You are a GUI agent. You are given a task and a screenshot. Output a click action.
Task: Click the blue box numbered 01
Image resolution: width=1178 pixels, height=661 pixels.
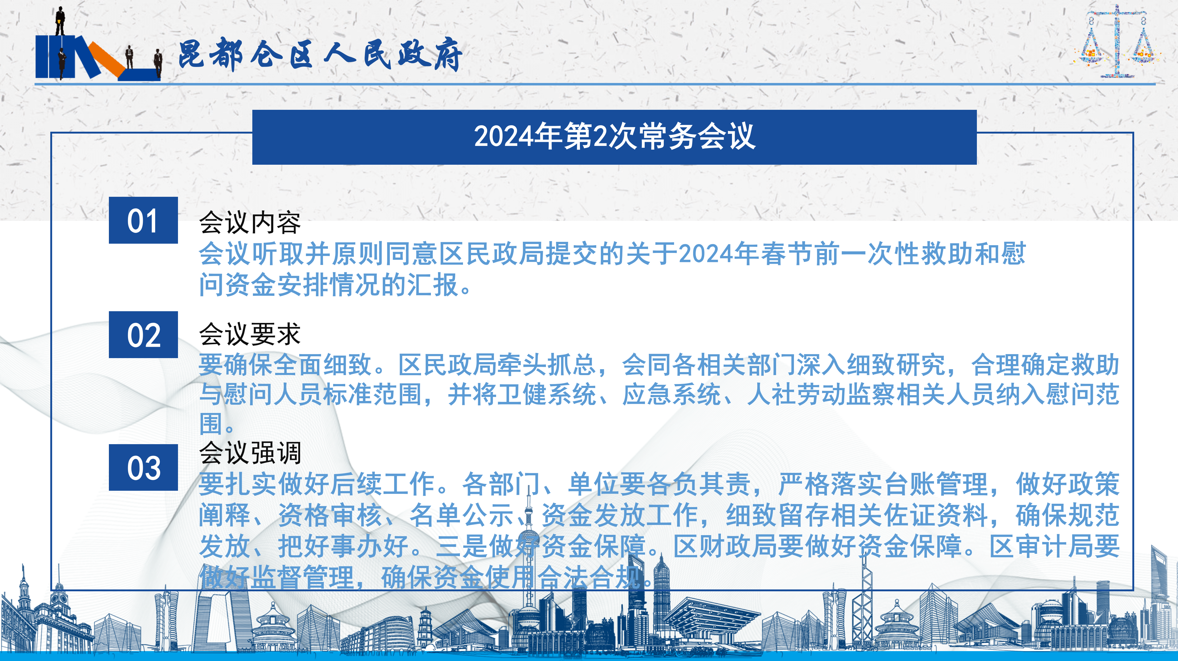pos(143,220)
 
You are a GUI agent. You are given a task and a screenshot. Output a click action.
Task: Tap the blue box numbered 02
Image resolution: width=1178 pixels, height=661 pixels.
pos(143,335)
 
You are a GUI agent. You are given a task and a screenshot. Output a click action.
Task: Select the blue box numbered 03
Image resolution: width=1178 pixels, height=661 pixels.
pos(143,467)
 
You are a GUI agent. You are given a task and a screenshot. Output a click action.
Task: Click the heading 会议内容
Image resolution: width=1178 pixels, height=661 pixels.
pos(250,223)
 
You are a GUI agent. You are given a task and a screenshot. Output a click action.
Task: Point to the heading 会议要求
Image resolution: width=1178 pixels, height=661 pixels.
pos(250,334)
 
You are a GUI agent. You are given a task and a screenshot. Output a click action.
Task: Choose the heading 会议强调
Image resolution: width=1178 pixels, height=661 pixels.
pos(250,452)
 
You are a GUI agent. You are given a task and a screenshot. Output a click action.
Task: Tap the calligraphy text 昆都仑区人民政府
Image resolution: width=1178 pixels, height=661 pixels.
pos(320,54)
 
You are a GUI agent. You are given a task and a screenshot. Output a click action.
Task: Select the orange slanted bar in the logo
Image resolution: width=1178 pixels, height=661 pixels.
pos(106,60)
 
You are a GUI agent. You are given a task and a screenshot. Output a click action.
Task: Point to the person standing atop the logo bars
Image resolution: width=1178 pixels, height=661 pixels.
pos(60,21)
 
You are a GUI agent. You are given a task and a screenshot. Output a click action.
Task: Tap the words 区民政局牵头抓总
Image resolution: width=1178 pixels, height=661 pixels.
pos(497,365)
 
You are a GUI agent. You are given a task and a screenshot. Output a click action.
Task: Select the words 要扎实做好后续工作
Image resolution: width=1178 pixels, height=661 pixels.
pos(316,484)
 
